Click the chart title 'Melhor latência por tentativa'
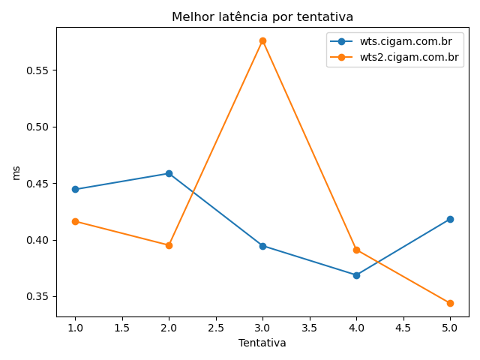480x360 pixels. tap(262, 16)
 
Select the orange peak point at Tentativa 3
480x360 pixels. tap(262, 40)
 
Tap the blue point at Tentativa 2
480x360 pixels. tap(169, 173)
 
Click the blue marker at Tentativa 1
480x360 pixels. tap(75, 189)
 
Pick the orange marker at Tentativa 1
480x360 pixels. tap(75, 221)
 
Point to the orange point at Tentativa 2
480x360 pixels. tap(169, 245)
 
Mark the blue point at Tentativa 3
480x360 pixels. tap(262, 246)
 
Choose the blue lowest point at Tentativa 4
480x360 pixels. tap(356, 275)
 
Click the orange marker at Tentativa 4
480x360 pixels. tap(356, 250)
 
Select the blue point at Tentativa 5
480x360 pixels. tap(450, 219)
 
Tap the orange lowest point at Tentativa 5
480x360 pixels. tap(450, 303)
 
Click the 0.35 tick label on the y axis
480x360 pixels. tap(38, 297)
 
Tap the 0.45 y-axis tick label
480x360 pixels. tap(38, 184)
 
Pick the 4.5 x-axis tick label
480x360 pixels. tap(403, 328)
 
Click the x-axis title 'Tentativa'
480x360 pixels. tap(262, 343)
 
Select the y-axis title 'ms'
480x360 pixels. tap(16, 172)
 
